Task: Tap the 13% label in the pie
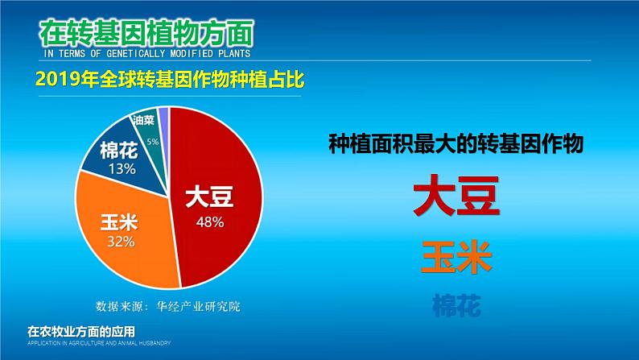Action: [x=120, y=169]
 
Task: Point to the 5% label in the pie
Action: [x=152, y=142]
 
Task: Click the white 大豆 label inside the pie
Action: [x=209, y=199]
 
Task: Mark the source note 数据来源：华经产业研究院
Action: [x=168, y=306]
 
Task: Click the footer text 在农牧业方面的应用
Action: [x=80, y=330]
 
